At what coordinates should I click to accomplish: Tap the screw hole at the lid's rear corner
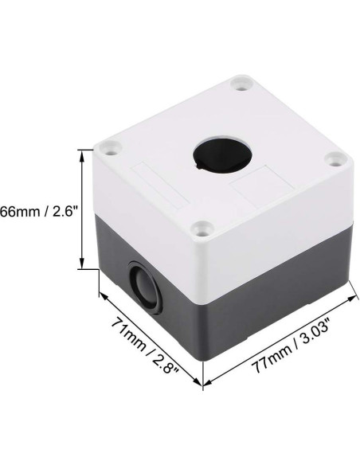tap(239, 81)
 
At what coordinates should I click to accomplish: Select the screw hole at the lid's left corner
tap(112, 148)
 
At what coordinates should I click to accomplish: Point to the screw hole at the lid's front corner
tap(202, 230)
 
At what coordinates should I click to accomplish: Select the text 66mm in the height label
tap(18, 213)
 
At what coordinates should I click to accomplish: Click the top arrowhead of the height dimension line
tap(82, 151)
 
